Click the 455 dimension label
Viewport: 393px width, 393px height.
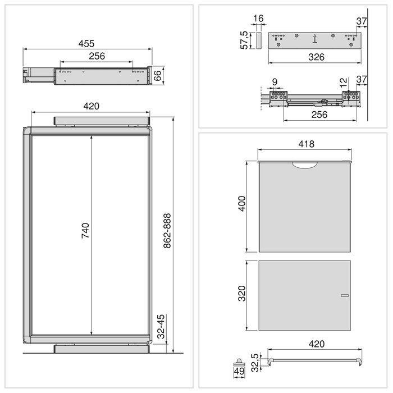pos(86,43)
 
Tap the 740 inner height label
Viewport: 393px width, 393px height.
pos(85,231)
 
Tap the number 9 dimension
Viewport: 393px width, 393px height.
pos(274,83)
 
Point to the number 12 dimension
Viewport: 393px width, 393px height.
pos(344,83)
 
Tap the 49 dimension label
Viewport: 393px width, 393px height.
pos(239,371)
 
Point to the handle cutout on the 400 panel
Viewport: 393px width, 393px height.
pos(305,164)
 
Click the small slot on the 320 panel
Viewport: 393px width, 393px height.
pos(344,295)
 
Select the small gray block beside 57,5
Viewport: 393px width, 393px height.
pos(259,40)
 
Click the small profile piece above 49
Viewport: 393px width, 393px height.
pos(239,360)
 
